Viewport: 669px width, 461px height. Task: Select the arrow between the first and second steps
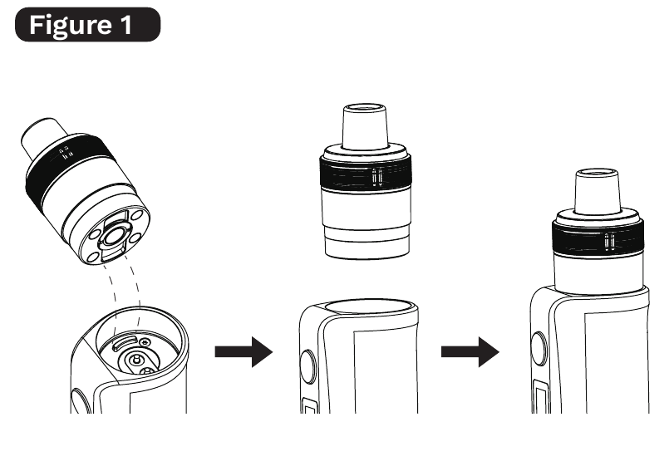(243, 351)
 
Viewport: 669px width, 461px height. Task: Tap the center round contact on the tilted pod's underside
(114, 236)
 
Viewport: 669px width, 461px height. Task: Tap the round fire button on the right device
(538, 349)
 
